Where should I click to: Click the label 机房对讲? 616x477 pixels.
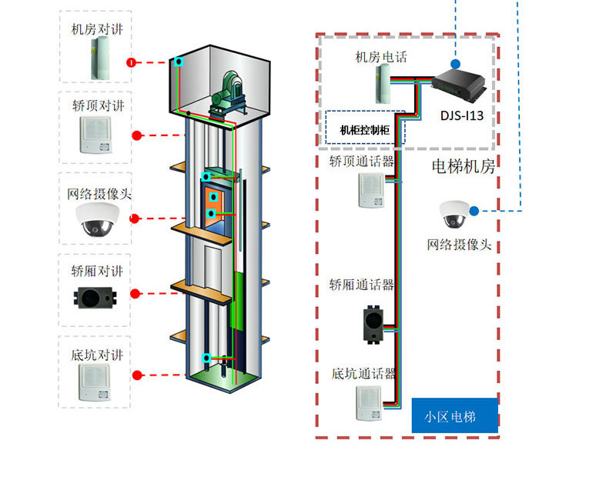pyautogui.click(x=96, y=29)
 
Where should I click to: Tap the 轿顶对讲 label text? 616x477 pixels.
pyautogui.click(x=96, y=104)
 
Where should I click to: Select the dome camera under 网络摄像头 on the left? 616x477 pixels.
pyautogui.click(x=97, y=219)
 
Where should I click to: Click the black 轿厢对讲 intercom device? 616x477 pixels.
pyautogui.click(x=96, y=296)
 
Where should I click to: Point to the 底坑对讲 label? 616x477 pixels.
pyautogui.click(x=96, y=355)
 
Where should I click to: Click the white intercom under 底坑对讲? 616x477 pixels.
pyautogui.click(x=96, y=383)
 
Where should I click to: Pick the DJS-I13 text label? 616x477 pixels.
pyautogui.click(x=463, y=116)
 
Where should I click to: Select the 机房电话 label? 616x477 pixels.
pyautogui.click(x=380, y=57)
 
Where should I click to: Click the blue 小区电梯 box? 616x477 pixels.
pyautogui.click(x=454, y=417)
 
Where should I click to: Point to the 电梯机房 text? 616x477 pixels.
pyautogui.click(x=463, y=165)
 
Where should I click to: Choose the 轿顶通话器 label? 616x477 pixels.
pyautogui.click(x=362, y=161)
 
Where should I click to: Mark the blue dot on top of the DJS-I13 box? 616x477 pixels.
pyautogui.click(x=455, y=64)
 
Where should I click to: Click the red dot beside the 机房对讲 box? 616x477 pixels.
pyautogui.click(x=132, y=62)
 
